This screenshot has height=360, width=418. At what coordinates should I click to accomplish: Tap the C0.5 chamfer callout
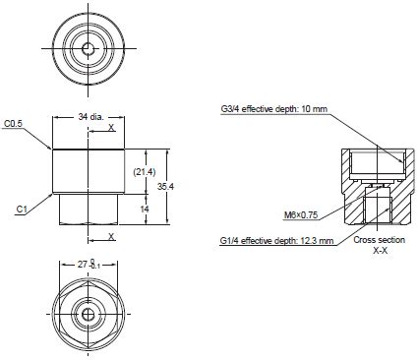[x=14, y=125]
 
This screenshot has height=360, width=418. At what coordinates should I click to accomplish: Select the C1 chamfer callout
[x=21, y=209]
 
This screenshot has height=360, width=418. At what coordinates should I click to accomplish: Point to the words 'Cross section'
[x=379, y=241]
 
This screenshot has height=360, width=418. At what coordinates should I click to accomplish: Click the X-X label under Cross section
[x=379, y=252]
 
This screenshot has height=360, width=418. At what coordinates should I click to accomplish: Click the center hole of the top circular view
[x=89, y=47]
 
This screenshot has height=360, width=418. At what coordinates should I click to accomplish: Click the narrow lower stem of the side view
[x=89, y=209]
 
